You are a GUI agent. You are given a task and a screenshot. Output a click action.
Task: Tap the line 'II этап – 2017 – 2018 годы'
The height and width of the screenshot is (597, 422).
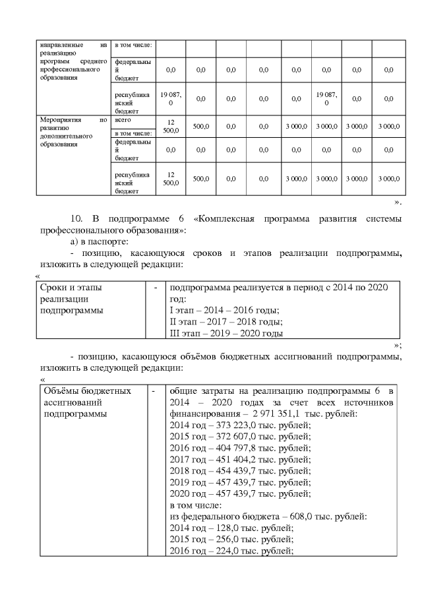[x=226, y=322]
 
